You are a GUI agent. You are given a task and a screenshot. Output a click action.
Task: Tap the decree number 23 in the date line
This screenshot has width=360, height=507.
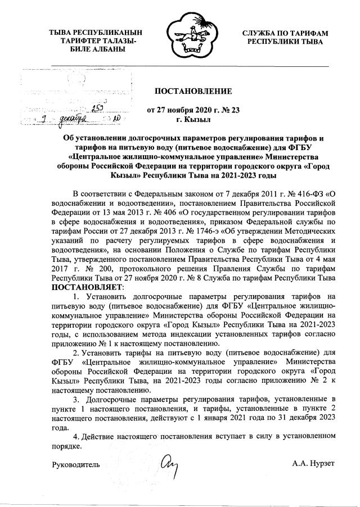tap(235, 110)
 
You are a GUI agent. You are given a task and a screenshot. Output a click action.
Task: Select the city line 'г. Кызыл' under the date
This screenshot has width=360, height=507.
tap(193, 120)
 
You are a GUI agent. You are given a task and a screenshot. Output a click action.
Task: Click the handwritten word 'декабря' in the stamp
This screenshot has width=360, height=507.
tap(75, 120)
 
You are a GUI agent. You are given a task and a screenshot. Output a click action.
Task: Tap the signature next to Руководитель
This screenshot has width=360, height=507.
tap(168, 464)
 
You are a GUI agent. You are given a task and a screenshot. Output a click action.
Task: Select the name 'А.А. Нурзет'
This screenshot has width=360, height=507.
tap(313, 464)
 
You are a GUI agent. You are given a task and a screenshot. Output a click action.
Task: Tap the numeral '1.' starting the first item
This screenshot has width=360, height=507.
tap(77, 297)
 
